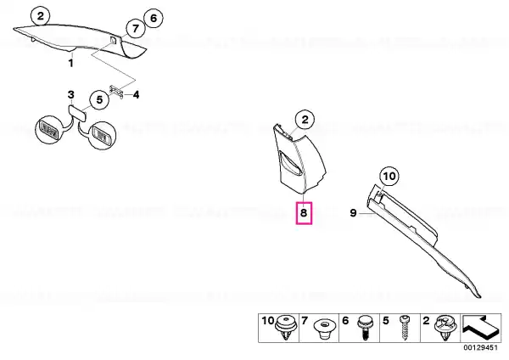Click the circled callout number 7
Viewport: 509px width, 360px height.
click(135, 29)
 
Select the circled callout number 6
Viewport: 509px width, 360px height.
click(154, 18)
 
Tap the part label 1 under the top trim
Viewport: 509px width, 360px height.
click(70, 63)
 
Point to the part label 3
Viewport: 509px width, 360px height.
click(70, 95)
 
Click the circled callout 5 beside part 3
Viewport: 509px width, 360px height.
click(99, 99)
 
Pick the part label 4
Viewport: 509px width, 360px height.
click(137, 95)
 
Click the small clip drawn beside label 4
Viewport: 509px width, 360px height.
click(116, 92)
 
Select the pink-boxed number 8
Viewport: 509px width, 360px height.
click(304, 213)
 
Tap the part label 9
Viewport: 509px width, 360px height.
click(353, 213)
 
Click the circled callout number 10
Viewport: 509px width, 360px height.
click(389, 177)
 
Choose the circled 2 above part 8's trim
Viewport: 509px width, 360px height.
click(305, 120)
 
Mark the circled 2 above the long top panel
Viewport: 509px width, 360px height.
click(40, 16)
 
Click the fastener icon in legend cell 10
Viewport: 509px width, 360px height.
click(286, 328)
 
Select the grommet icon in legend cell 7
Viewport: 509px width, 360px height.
click(325, 329)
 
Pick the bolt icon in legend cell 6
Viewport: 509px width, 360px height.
click(365, 328)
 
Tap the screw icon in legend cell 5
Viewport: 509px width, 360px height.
click(405, 328)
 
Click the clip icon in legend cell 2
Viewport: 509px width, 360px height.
click(445, 328)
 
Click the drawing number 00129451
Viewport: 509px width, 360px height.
click(480, 347)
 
